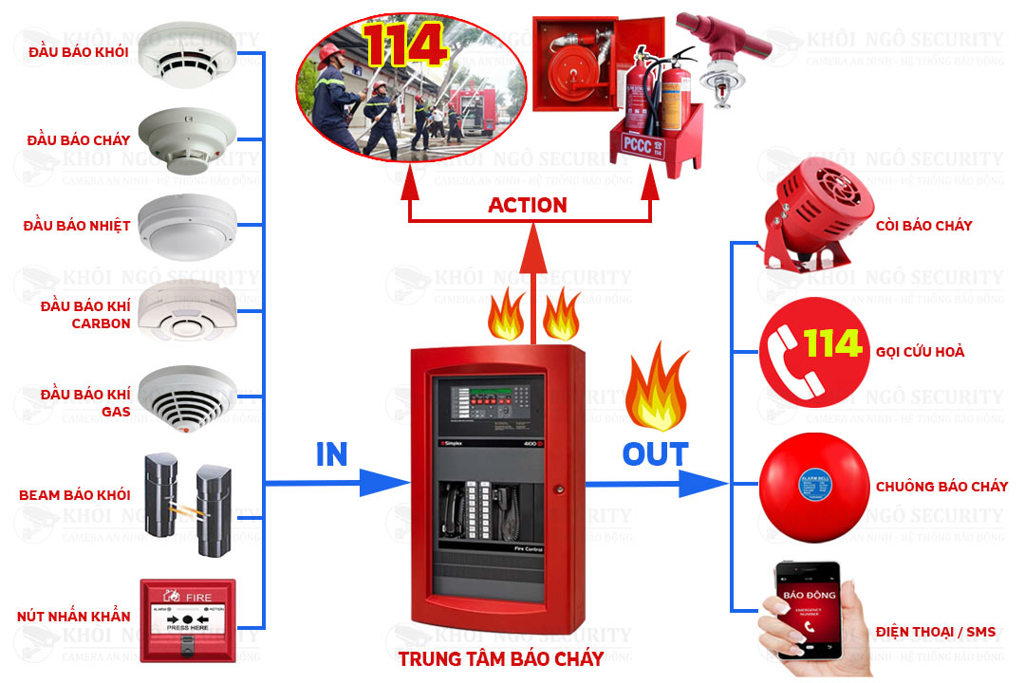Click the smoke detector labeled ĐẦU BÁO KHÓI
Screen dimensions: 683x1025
click(x=186, y=51)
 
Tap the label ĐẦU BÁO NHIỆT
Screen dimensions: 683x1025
click(x=77, y=226)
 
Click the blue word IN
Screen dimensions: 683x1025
click(x=331, y=455)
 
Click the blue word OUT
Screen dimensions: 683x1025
click(x=654, y=454)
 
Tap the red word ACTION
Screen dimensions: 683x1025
click(x=528, y=205)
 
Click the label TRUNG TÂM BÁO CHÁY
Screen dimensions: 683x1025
click(x=500, y=658)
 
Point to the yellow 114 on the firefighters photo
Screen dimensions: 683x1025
click(x=404, y=45)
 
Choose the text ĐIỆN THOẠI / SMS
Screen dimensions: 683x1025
click(x=935, y=632)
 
